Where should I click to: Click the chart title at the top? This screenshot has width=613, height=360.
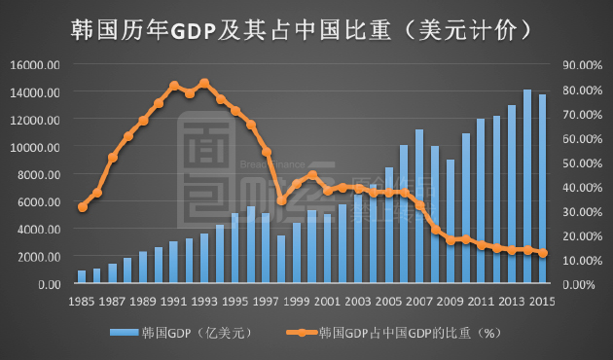[x=305, y=29]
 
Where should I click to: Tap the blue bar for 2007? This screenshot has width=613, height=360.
[x=419, y=206]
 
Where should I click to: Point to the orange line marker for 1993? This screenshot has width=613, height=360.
[x=203, y=84]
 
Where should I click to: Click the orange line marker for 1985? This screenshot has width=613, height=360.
[x=82, y=207]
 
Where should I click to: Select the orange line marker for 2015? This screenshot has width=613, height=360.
[x=543, y=253]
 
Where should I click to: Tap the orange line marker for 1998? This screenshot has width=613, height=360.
[x=281, y=200]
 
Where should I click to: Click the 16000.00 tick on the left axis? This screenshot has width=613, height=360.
[x=38, y=65]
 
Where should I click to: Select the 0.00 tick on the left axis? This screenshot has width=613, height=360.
[x=48, y=284]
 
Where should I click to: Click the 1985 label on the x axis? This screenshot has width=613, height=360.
[x=82, y=301]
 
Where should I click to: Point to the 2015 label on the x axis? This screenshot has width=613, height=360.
[x=543, y=301]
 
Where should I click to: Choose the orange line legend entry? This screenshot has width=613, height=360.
[x=389, y=334]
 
